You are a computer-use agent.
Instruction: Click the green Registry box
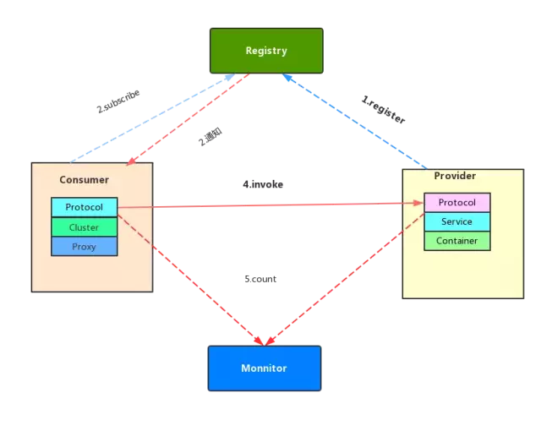tap(266, 51)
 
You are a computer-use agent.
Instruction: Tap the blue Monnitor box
tap(265, 368)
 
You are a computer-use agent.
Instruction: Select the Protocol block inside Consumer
tap(84, 207)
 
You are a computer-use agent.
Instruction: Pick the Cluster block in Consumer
tap(84, 227)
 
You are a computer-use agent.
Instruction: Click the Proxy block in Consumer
tap(84, 247)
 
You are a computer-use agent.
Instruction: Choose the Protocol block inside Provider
tap(457, 203)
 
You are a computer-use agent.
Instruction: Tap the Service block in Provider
tap(457, 221)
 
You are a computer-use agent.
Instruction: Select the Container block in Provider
tap(457, 241)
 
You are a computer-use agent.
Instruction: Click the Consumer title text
tap(84, 180)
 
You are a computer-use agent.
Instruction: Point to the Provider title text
tap(455, 176)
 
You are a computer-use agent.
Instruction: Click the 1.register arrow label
tap(384, 111)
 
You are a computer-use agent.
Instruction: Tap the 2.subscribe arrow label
tap(117, 101)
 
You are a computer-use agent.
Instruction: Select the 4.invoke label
tap(263, 184)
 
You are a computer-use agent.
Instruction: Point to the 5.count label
tap(260, 279)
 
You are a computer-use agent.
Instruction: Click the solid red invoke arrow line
tap(270, 205)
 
